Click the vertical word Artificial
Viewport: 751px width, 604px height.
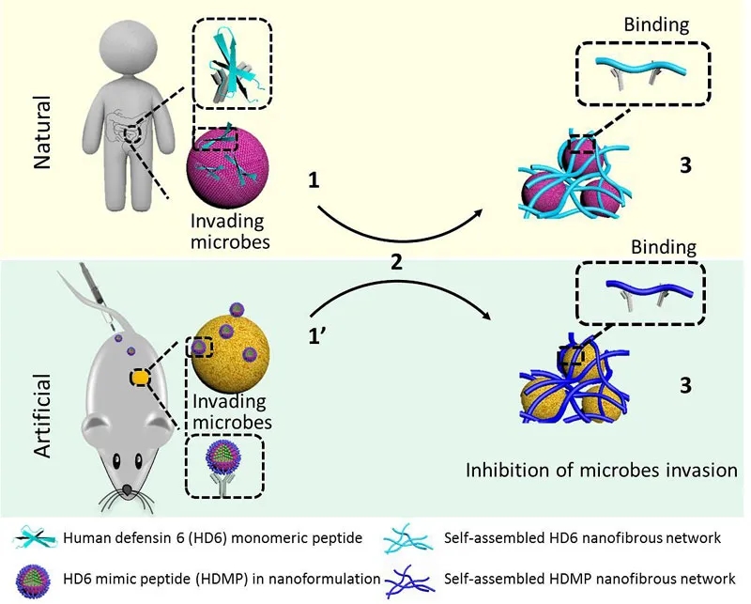click(x=40, y=412)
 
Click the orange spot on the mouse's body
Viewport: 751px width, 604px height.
click(x=140, y=378)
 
